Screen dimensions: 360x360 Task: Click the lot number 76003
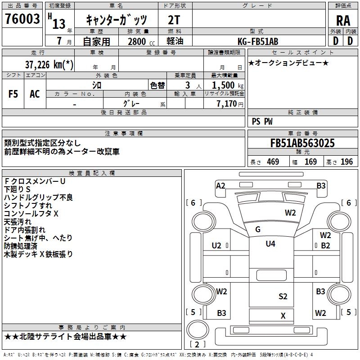point(22,19)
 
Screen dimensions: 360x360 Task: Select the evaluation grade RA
point(343,20)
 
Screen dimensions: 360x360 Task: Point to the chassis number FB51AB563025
point(302,144)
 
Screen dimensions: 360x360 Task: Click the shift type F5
point(13,94)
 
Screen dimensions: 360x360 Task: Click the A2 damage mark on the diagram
point(220,186)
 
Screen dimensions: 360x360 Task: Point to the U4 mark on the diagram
point(270,244)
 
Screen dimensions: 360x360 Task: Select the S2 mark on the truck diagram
point(283,296)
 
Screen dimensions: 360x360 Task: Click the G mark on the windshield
point(258,229)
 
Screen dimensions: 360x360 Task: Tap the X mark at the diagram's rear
point(283,316)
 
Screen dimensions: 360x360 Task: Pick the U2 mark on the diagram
point(216,245)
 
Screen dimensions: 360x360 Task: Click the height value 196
point(347,162)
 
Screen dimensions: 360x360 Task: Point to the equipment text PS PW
point(262,121)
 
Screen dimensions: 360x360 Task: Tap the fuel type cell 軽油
point(175,42)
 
